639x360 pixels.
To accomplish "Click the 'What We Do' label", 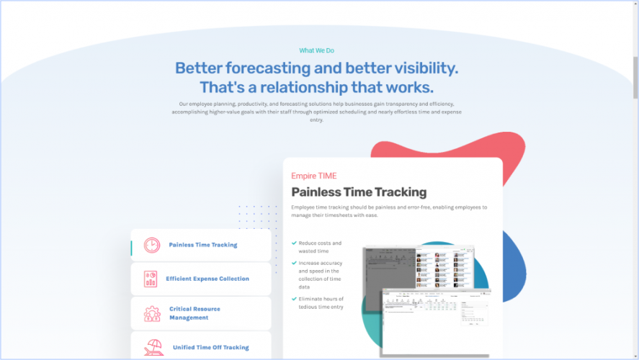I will (316, 50).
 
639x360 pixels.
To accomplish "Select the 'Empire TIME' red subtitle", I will (313, 176).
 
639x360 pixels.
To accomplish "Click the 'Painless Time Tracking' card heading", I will (358, 192).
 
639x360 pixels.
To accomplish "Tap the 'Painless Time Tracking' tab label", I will (202, 245).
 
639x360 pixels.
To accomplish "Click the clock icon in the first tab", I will (152, 245).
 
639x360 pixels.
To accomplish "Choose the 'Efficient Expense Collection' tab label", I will (207, 279).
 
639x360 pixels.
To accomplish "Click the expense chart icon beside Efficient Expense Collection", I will (151, 279).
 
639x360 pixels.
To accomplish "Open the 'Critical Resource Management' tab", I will (195, 313).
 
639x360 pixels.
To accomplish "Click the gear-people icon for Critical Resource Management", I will (152, 313).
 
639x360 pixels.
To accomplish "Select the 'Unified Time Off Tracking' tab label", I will (210, 347).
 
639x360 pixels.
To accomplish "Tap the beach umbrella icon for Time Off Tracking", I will (153, 347).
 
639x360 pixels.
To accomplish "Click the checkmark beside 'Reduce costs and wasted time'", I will (294, 243).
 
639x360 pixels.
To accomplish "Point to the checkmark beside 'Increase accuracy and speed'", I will (294, 264).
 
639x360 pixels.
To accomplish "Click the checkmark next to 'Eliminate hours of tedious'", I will (294, 298).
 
